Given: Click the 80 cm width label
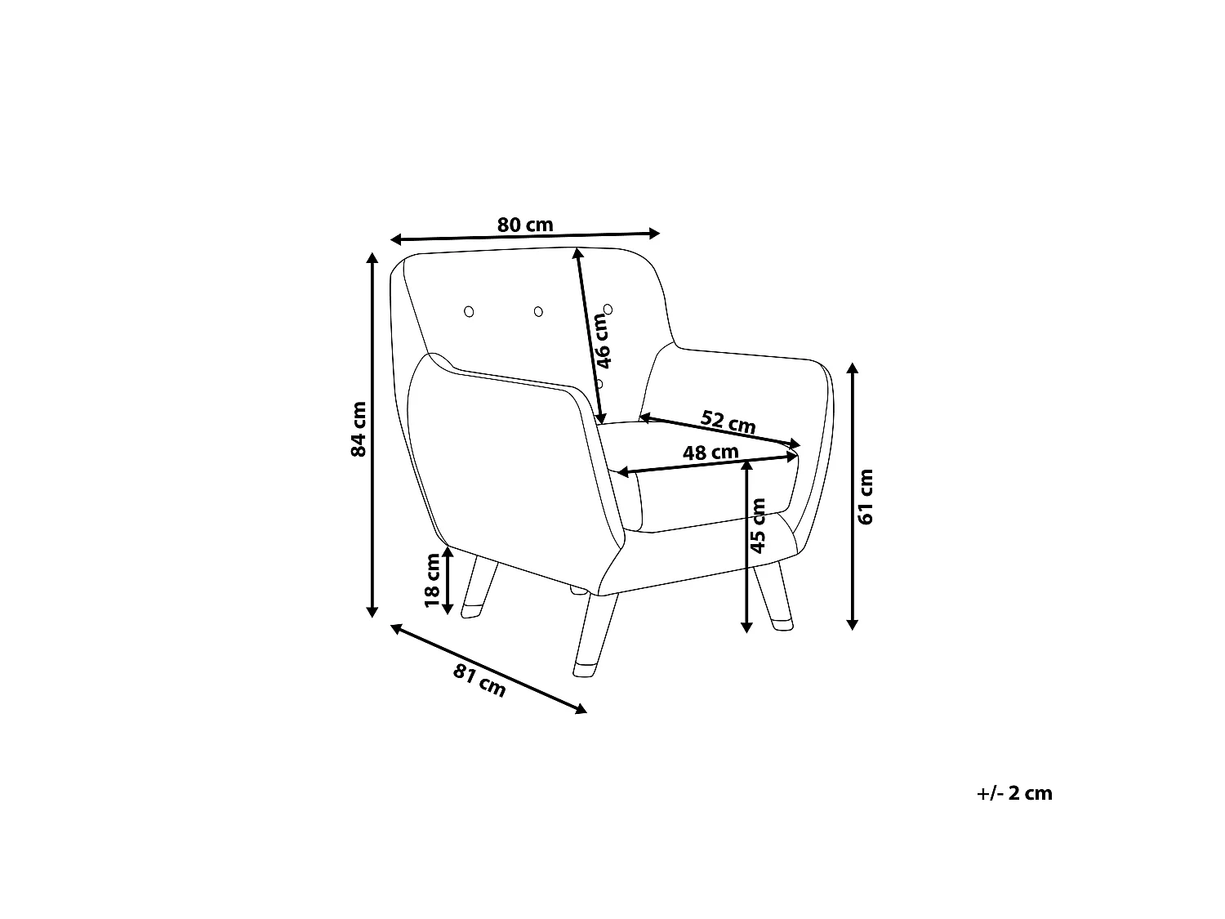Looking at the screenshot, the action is click(524, 225).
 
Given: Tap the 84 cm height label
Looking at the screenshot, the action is click(359, 429).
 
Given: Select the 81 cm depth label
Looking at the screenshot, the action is click(479, 680).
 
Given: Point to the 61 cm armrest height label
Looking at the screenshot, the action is click(865, 497).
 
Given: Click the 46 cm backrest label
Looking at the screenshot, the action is click(603, 341).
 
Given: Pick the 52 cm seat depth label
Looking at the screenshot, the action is click(728, 422).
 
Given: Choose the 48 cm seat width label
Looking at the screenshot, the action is click(710, 452).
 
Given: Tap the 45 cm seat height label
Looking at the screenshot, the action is click(758, 525).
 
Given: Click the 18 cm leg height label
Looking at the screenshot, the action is click(433, 580).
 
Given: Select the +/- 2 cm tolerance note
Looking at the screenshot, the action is click(1014, 793).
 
